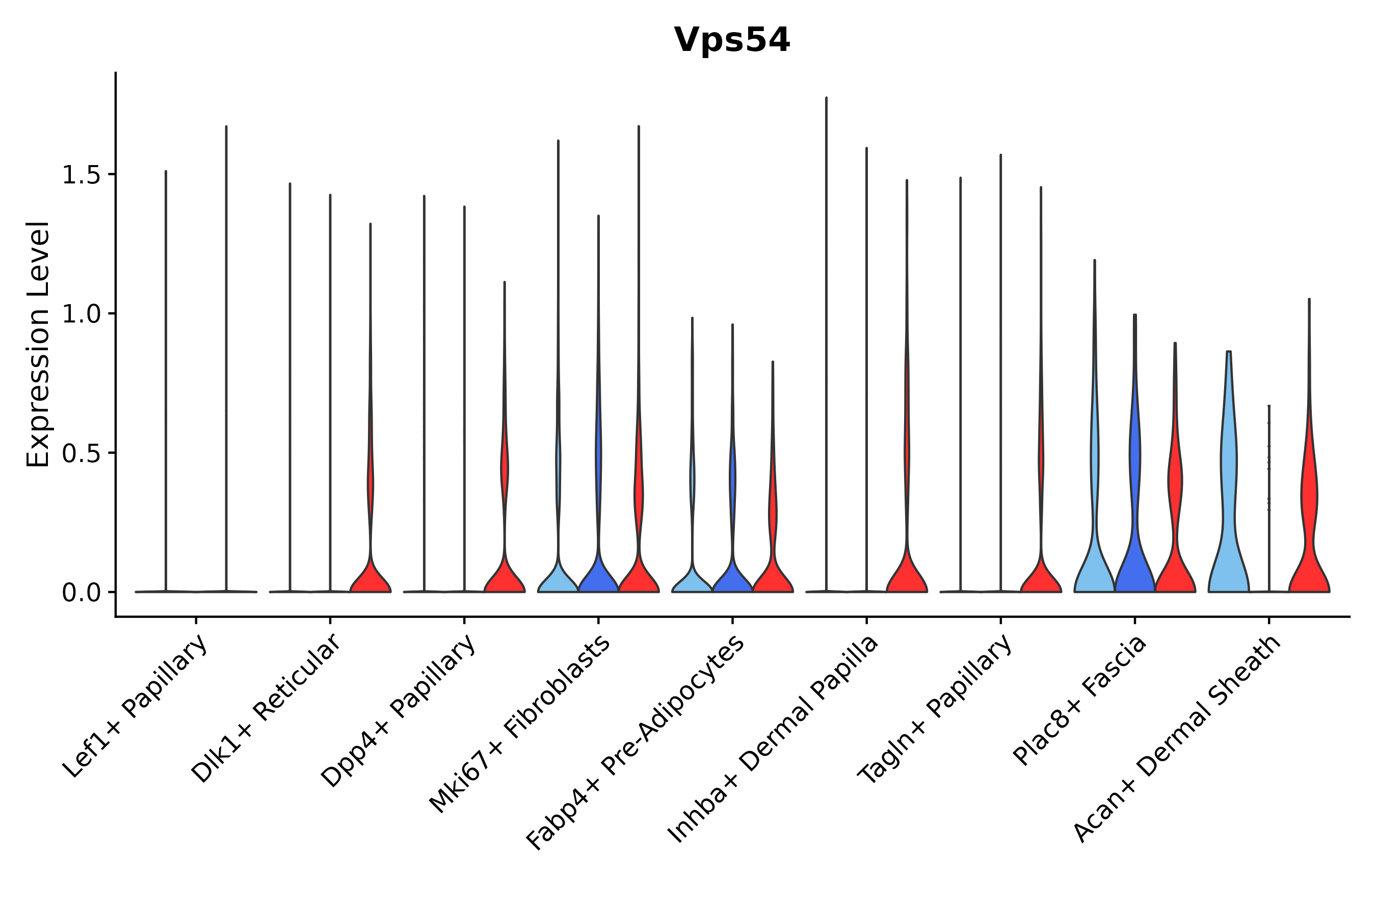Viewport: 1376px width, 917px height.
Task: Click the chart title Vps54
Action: click(731, 40)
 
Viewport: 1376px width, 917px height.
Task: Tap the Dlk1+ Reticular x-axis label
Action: click(266, 708)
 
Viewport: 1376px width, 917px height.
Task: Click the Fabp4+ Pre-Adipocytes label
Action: click(636, 742)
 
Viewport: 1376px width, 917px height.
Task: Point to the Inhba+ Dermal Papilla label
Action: click(774, 739)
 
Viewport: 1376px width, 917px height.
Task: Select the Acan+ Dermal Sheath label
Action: click(1178, 739)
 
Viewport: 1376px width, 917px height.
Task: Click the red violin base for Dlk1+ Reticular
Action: click(371, 579)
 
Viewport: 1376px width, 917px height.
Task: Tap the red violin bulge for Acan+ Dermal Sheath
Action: click(1309, 497)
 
